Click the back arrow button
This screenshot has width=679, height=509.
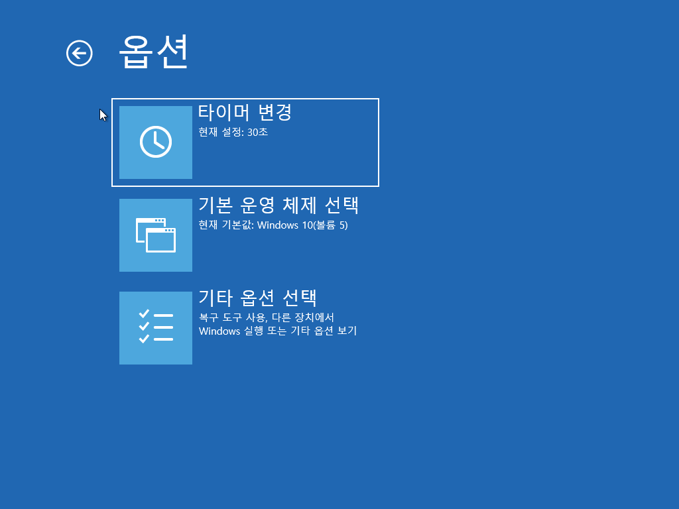point(80,53)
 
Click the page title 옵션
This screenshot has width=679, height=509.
point(154,51)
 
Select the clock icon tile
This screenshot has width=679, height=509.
point(156,142)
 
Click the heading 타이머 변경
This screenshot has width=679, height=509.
point(245,112)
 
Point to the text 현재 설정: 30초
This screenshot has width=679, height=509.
point(233,132)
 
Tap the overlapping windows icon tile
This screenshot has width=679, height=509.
point(156,235)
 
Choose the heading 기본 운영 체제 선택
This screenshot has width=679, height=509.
point(278,205)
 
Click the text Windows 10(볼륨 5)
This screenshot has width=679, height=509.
point(302,225)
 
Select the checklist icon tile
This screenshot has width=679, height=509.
point(156,328)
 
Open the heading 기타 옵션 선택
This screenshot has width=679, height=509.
point(258,298)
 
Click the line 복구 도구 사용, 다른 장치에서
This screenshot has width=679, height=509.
point(266,317)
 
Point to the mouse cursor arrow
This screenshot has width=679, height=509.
point(102,114)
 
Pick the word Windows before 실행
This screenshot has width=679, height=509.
point(219,331)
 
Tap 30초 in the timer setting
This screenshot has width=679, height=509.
point(257,132)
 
